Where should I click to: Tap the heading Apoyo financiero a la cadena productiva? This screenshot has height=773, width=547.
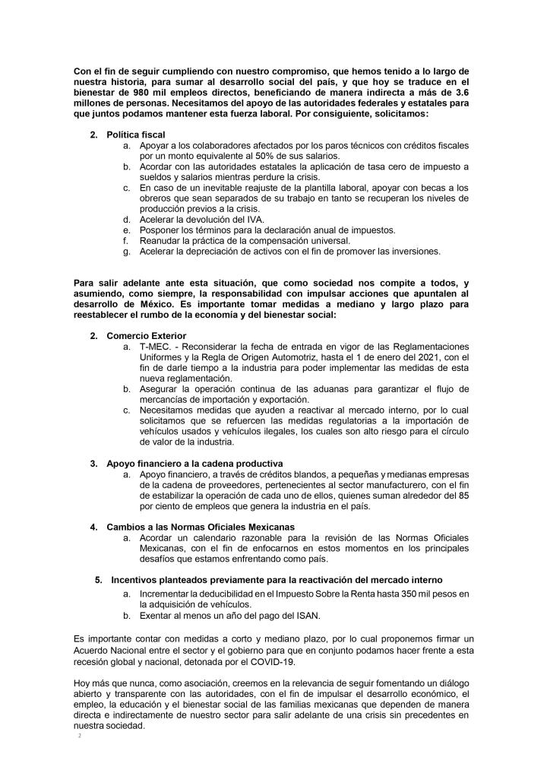(194, 463)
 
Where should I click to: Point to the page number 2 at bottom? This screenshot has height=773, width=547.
(78, 736)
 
